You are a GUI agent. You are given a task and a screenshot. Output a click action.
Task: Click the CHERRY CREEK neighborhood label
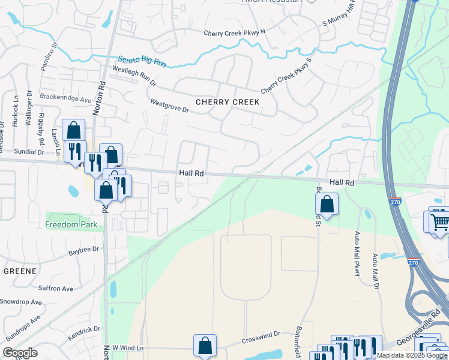click(x=227, y=102)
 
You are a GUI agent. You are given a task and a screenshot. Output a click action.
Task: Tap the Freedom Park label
click(x=71, y=225)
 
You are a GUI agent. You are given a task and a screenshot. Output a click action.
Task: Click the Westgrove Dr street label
click(x=169, y=106)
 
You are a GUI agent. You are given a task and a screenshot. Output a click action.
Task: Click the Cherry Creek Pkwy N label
click(x=234, y=34)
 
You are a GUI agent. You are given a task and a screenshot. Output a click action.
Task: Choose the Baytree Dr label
click(x=83, y=253)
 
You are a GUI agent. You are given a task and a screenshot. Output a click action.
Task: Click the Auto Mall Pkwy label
click(x=358, y=253)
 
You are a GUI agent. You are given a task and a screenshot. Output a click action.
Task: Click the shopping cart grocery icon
click(x=439, y=221)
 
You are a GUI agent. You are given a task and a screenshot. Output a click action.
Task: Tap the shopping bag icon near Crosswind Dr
click(x=205, y=346)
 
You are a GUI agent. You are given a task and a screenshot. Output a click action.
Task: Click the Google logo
click(x=19, y=353)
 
